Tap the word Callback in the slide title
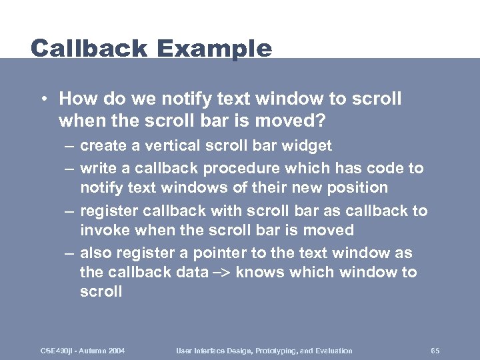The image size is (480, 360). [x=89, y=49]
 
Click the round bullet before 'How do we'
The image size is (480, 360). [x=43, y=100]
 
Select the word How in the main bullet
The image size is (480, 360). [x=75, y=99]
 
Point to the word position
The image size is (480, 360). [x=357, y=188]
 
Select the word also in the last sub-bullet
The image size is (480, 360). [x=96, y=253]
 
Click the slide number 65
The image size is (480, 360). [x=435, y=351]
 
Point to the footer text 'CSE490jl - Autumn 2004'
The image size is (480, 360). [x=83, y=351]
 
